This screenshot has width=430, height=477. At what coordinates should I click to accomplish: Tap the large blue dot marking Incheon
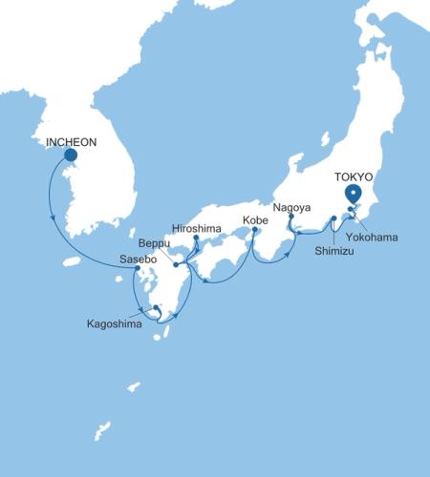(x=71, y=156)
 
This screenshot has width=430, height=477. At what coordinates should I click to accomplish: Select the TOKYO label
(x=354, y=177)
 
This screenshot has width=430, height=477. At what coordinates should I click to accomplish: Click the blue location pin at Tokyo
(x=354, y=194)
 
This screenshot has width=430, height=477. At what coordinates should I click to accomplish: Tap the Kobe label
(x=255, y=220)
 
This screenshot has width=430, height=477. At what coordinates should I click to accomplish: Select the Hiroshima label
(x=196, y=228)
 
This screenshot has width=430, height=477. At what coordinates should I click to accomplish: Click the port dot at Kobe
(x=255, y=230)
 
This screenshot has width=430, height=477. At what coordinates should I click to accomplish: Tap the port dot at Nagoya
(x=290, y=217)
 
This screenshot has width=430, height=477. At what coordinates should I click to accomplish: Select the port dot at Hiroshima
(x=196, y=238)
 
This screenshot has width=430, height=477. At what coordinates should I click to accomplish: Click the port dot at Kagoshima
(x=155, y=307)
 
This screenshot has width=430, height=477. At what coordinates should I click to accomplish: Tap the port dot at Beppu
(x=177, y=264)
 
